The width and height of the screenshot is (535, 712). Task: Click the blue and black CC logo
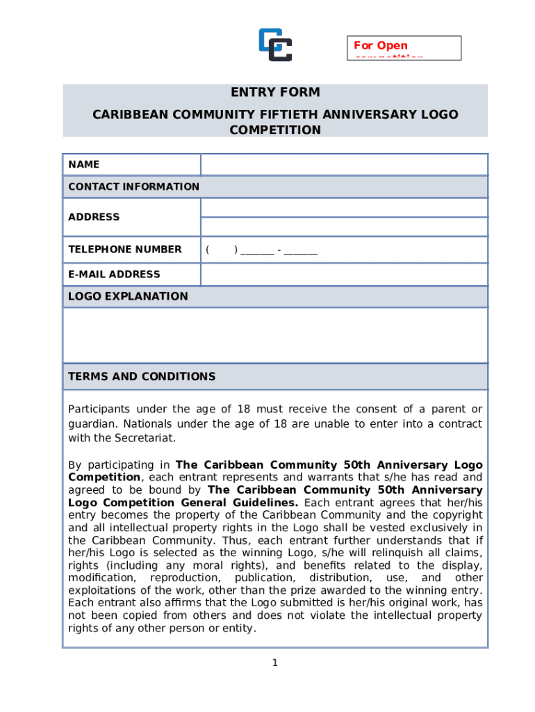[275, 44]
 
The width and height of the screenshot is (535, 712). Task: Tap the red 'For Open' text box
[404, 47]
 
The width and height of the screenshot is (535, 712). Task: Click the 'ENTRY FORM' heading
[275, 92]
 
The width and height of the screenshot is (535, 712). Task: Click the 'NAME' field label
[84, 165]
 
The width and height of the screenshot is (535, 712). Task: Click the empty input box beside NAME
[344, 165]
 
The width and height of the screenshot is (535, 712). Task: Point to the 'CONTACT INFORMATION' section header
[134, 186]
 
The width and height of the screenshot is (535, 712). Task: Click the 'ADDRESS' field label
[94, 217]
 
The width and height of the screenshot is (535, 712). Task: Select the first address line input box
[344, 207]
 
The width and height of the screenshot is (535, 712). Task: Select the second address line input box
[344, 227]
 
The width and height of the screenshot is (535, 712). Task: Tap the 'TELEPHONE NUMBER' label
[125, 249]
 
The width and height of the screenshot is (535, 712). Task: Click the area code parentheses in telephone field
[222, 250]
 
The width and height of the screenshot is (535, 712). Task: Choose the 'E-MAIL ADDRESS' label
[114, 274]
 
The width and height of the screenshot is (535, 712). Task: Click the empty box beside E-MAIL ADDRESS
[344, 274]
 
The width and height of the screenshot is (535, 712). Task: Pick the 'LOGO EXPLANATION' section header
[128, 296]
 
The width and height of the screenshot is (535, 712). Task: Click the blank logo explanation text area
[275, 335]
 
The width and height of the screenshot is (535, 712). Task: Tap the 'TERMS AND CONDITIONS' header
[142, 377]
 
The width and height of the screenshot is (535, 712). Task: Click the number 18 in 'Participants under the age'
[244, 409]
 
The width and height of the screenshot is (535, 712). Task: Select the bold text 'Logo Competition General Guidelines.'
[183, 503]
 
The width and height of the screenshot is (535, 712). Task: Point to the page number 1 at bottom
[275, 663]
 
